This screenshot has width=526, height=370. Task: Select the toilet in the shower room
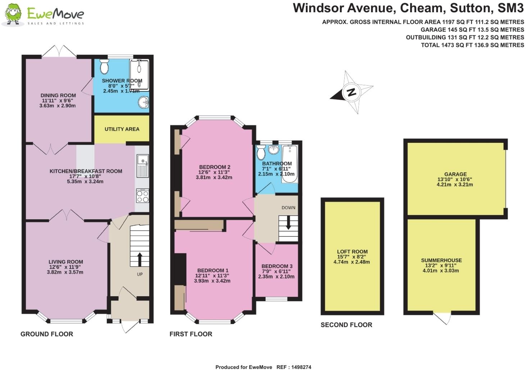click(x=104, y=66)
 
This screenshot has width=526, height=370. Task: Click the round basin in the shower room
click(x=143, y=102)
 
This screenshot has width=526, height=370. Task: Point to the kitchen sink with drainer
click(x=143, y=166)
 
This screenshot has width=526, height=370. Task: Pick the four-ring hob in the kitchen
click(x=142, y=196)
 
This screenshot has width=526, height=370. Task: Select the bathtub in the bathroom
click(x=290, y=163)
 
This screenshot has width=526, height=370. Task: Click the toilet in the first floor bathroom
click(x=261, y=152)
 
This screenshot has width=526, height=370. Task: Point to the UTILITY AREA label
click(x=122, y=129)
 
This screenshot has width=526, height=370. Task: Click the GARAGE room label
click(x=455, y=174)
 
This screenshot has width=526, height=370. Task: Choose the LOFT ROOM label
click(x=352, y=251)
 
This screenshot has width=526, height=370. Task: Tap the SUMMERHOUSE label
click(x=441, y=260)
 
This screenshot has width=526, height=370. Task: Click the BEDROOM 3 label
click(x=277, y=266)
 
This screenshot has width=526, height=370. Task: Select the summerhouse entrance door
click(x=442, y=318)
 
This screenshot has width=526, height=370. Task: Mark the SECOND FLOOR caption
click(x=346, y=325)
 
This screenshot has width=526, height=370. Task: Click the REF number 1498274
click(x=301, y=367)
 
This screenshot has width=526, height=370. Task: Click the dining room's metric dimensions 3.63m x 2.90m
click(x=58, y=106)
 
